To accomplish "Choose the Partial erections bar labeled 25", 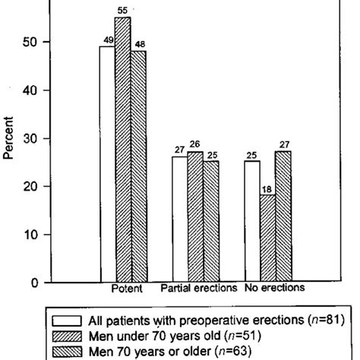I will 210,222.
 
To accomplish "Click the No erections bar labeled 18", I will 267,238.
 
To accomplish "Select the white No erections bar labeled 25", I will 252,222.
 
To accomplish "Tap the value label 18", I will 267,190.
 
